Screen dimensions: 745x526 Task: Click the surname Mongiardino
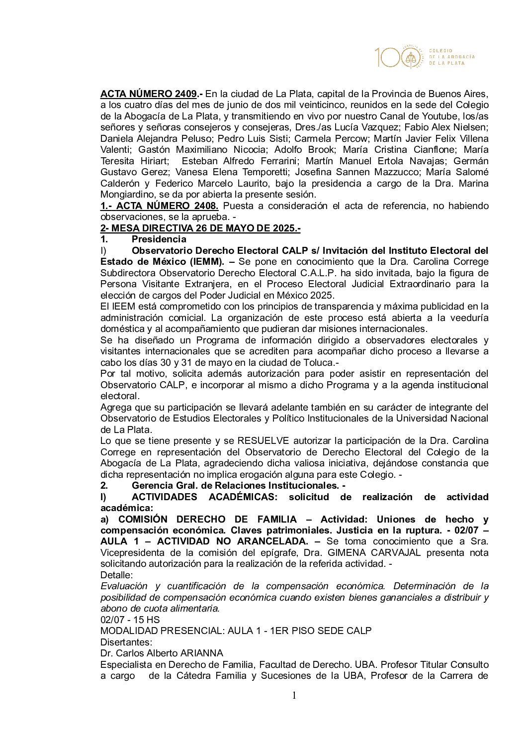tap(126, 195)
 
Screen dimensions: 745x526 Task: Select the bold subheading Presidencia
tap(159, 239)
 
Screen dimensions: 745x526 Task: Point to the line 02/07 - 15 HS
tap(130, 620)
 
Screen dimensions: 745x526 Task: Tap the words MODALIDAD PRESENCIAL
tap(162, 631)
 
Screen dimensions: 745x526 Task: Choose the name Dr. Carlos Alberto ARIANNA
tap(162, 653)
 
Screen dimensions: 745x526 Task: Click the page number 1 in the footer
tap(294, 696)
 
